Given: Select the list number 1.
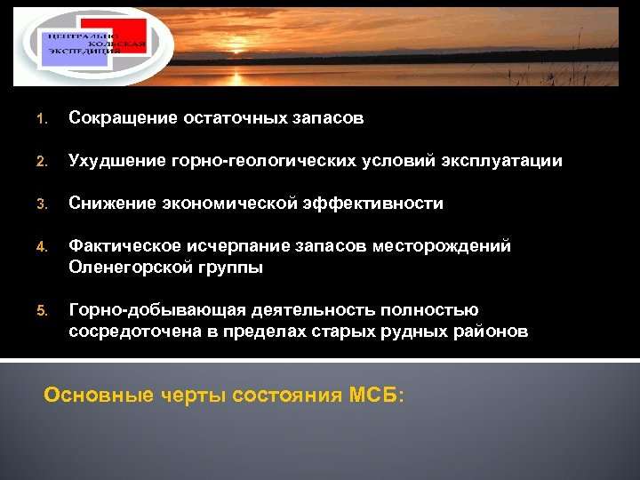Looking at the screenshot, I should pos(40,119).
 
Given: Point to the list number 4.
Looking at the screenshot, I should pos(40,247).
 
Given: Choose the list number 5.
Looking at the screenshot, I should pos(40,311).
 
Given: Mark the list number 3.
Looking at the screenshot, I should pos(40,204).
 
